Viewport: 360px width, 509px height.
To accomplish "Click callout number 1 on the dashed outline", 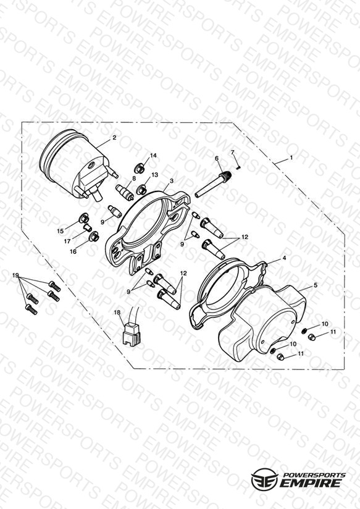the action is tap(291, 158).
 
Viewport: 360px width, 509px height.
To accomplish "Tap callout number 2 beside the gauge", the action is tap(114, 138).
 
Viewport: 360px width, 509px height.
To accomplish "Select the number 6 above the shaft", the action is tap(217, 158).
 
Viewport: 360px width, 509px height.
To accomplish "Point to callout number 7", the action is tap(232, 152).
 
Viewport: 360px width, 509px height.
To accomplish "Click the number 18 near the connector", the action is tap(117, 313).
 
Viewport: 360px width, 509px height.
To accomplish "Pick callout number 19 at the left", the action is tap(15, 276).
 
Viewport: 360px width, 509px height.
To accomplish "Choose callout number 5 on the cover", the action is tap(315, 285).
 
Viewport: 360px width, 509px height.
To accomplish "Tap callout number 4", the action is tap(284, 258).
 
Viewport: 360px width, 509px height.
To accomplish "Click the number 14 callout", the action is tap(153, 156).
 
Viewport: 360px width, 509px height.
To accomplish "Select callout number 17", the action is tap(67, 242).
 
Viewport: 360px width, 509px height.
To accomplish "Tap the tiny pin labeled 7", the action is tap(239, 167).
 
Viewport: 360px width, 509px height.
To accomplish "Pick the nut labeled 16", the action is tap(94, 237).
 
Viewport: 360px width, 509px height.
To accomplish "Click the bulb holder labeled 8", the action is tap(125, 192).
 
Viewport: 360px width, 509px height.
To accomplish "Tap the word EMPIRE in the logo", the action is tap(312, 483).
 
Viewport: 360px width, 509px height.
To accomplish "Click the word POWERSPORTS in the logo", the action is tap(314, 474).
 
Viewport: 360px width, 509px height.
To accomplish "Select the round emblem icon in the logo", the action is tap(264, 479).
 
